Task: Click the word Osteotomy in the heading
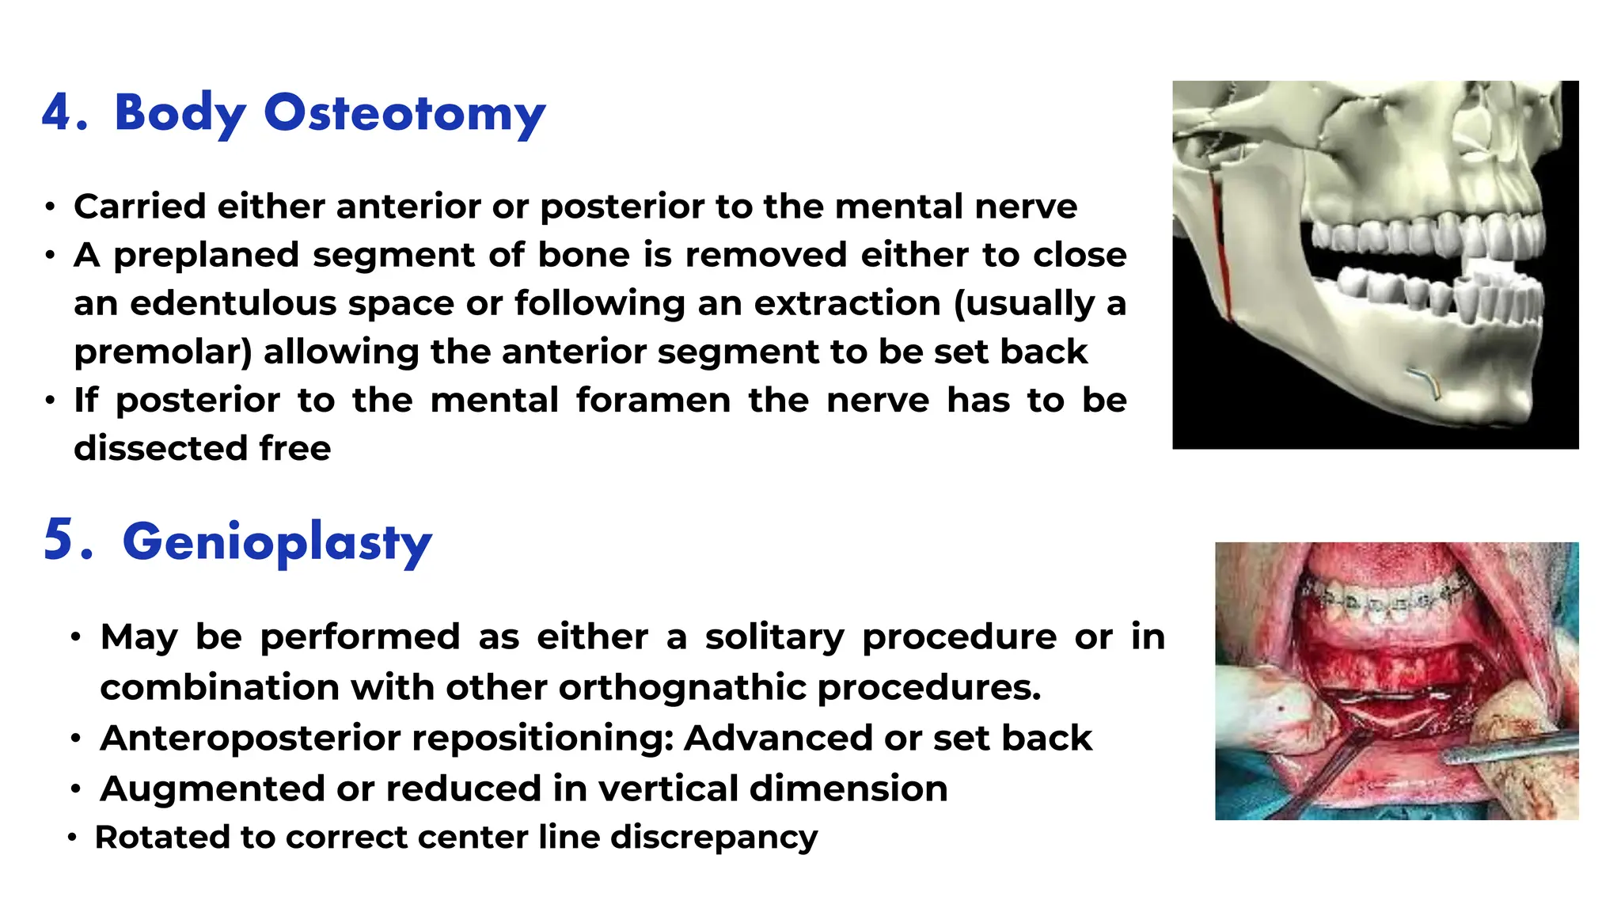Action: click(x=404, y=113)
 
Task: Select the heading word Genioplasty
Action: click(x=277, y=542)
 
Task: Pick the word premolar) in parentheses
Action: click(x=163, y=352)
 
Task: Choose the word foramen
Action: click(x=653, y=401)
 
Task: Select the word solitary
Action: click(x=774, y=637)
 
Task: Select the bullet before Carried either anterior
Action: click(x=51, y=207)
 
